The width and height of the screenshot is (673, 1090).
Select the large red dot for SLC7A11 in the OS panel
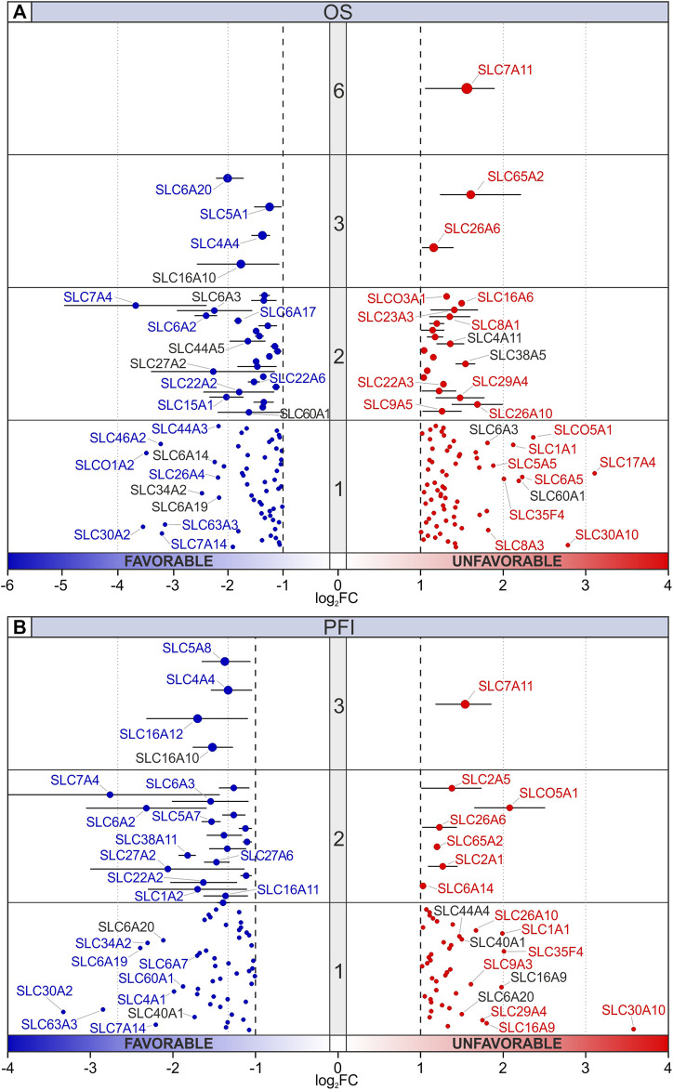467,88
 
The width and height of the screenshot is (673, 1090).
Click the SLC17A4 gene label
627,462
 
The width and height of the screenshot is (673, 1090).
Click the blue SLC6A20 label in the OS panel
180,190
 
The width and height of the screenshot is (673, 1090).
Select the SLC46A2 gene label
118,437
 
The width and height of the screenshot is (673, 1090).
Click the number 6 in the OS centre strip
339,91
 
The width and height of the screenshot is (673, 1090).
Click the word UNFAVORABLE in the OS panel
506,561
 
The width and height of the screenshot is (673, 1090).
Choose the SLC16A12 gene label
151,734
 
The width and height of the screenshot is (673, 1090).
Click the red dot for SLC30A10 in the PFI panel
634,1029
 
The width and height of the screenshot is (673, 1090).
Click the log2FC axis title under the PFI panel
338,1081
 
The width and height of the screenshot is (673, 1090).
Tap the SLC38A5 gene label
519,354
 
